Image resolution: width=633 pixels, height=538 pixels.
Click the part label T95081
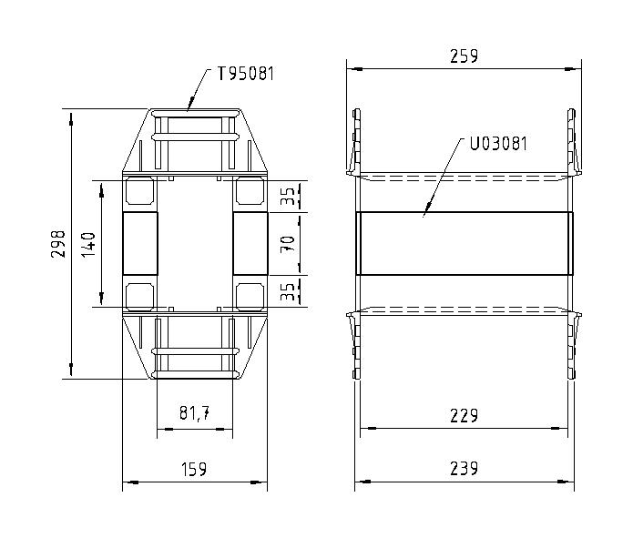[x=246, y=74]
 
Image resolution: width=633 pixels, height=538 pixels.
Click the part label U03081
[x=498, y=143]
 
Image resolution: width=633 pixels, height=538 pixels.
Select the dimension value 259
[x=464, y=56]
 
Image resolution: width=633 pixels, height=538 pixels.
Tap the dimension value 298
[x=58, y=244]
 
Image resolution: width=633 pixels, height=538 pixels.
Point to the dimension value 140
[x=88, y=245]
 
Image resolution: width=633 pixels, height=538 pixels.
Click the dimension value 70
[x=288, y=244]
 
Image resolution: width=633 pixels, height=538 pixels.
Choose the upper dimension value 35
[x=288, y=196]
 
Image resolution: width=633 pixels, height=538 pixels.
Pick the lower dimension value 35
[x=288, y=291]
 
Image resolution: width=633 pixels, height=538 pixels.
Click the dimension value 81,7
[x=194, y=412]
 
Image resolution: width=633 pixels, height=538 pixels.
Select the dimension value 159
[x=194, y=470]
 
